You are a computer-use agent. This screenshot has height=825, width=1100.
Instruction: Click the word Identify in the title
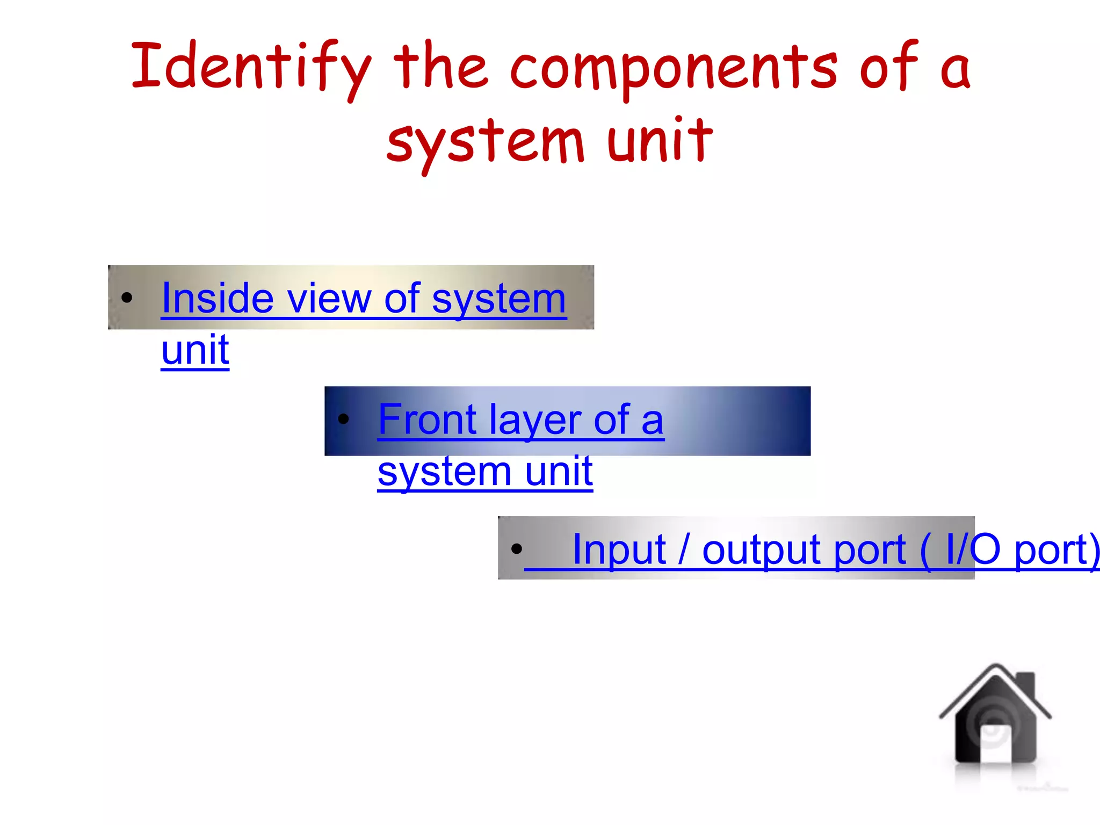pos(251,67)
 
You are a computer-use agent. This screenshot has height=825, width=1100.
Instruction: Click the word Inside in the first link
pos(218,299)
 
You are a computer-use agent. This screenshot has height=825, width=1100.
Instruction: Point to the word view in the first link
pos(329,299)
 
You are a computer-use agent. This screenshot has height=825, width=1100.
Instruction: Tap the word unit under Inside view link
pos(195,350)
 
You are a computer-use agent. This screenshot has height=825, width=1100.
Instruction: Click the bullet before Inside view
pos(127,298)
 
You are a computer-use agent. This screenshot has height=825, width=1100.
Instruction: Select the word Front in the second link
pos(428,419)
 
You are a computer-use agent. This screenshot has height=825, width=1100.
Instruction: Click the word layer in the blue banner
pos(535,421)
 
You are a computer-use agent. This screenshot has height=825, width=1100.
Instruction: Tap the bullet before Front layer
pos(344,418)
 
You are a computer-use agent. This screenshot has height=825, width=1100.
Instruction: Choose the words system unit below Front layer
pos(485,471)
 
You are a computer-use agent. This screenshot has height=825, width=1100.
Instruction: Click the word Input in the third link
pos(619,549)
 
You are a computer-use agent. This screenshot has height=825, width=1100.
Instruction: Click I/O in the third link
pos(973,549)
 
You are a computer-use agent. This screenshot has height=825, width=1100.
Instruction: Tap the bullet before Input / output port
pos(517,548)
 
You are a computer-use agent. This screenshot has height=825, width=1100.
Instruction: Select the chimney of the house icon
pos(1026,684)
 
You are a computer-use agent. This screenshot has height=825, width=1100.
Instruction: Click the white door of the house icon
pos(995,744)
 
